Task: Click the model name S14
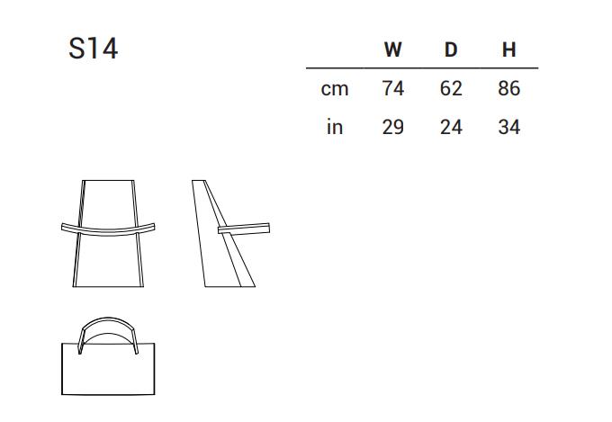click(x=93, y=49)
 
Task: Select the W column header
click(x=392, y=49)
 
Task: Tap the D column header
click(x=451, y=49)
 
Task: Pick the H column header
click(x=509, y=49)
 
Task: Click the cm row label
click(x=335, y=89)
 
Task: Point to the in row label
click(x=335, y=127)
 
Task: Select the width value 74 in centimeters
click(x=392, y=88)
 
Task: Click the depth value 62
click(x=451, y=88)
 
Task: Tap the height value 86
click(x=509, y=88)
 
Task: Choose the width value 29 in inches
click(x=392, y=127)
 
